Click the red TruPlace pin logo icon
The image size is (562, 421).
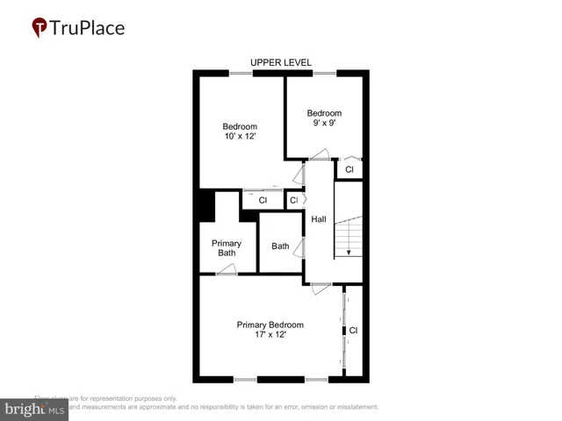pos(40,28)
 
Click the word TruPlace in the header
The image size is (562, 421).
pos(88,28)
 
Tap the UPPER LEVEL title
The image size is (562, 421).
pos(280,62)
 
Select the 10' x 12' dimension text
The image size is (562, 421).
pos(240,137)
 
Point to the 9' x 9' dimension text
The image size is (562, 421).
pos(323,124)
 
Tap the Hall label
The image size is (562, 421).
pos(319,218)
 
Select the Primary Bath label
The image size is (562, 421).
pos(227,247)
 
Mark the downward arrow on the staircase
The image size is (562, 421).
pos(349,252)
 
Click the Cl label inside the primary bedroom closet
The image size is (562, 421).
pos(353,331)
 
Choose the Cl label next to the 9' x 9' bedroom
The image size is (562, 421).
pos(349,169)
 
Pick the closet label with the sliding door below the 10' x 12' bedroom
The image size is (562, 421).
pos(262,201)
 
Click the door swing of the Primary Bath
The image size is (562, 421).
pos(227,270)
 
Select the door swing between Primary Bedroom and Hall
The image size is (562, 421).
pos(321,287)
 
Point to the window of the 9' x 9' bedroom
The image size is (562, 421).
pos(324,73)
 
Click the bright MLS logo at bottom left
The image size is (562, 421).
pos(35,408)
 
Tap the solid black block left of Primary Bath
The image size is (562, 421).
pos(204,206)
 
